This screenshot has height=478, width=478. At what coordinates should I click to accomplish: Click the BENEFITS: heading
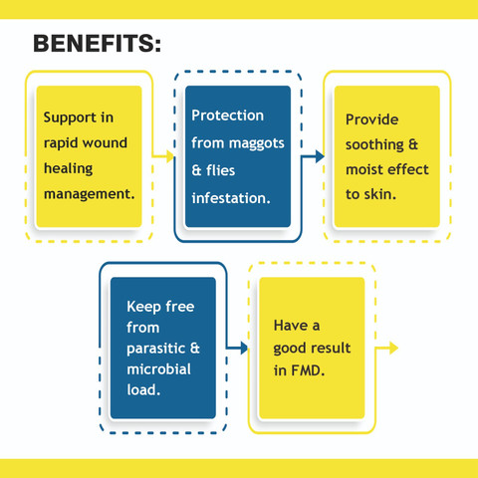97,44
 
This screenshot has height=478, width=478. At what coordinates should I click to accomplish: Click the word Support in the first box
70,118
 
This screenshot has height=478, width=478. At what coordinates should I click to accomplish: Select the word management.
90,194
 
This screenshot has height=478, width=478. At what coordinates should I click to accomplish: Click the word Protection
228,116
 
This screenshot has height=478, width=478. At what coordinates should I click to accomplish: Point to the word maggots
257,143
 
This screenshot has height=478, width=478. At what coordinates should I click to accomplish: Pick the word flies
221,170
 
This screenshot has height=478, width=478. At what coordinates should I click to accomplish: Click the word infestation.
231,198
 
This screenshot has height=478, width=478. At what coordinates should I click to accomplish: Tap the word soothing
374,145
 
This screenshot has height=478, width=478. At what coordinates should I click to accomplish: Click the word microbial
159,369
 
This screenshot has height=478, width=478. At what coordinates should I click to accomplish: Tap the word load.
143,390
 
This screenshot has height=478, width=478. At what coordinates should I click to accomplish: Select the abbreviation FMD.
308,370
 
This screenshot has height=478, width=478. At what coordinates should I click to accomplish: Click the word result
331,349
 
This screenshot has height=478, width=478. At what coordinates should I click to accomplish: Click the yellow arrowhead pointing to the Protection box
170,156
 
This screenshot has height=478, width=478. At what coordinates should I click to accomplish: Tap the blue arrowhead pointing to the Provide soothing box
320,156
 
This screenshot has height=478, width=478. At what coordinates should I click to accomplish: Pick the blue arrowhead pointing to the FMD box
244,348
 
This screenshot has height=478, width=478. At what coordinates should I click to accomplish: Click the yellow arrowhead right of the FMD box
394,348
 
